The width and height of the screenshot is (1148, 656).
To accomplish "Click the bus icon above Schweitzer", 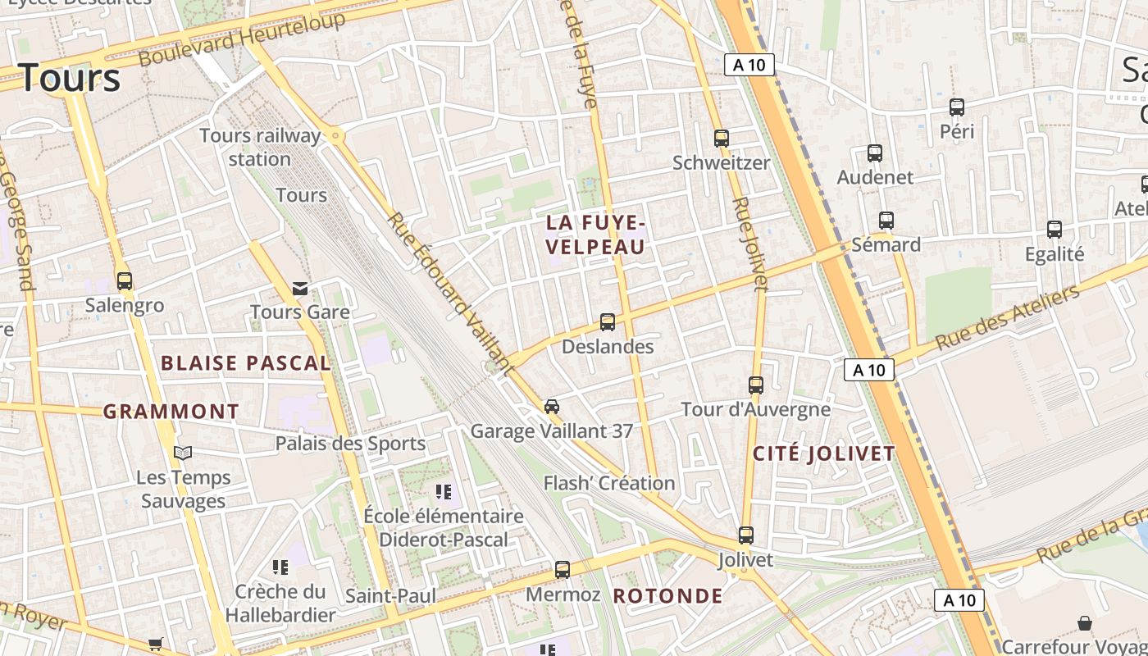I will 722,139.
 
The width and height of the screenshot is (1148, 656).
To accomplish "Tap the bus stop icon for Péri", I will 956,107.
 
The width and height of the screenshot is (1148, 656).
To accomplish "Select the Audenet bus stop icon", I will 875,153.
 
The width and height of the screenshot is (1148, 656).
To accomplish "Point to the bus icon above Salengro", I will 125,281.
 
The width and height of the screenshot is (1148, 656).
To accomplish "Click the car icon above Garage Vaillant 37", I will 552,407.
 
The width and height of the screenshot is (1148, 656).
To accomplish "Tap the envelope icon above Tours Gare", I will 300,288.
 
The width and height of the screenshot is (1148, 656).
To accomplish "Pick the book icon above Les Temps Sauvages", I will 183,453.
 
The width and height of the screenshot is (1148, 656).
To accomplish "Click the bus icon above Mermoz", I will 563,569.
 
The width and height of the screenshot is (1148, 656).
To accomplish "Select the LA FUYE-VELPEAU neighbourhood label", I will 596,235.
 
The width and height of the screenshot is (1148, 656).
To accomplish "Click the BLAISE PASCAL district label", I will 245,363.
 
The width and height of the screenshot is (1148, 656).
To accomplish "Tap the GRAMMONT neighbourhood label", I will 171,412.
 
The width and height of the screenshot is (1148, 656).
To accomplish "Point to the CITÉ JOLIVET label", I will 823,453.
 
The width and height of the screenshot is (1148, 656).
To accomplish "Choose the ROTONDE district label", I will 668,596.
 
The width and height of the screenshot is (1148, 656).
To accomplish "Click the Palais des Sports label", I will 350,444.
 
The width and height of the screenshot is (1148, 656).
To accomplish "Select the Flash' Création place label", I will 609,483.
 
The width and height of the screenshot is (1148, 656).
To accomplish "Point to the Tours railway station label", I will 260,147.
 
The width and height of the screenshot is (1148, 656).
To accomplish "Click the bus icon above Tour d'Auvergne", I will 756,385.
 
